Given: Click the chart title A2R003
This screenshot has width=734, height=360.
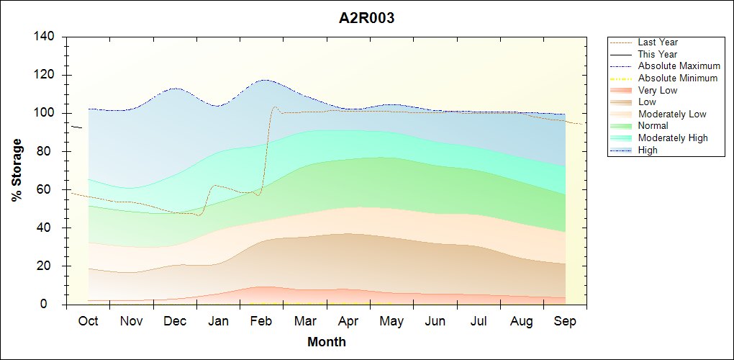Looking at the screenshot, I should pos(366,19).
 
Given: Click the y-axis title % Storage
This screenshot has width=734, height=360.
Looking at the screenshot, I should pos(17,174).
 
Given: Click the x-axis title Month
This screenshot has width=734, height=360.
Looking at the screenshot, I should pos(327,342).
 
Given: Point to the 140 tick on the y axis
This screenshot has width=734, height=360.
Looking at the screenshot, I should pos(48,37).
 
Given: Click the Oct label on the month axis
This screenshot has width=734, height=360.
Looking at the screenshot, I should pos(88,321).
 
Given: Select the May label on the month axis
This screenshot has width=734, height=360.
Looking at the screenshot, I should pos(392,321).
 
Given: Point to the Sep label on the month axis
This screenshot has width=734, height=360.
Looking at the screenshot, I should pos(565,321).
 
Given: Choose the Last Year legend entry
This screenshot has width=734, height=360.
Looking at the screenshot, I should pos(657,42).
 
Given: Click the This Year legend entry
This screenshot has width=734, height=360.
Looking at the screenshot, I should pos(657,54).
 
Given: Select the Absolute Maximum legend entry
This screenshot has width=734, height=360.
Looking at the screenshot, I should pos(679,66).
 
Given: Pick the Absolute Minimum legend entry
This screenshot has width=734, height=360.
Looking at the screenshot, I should pos(677,78).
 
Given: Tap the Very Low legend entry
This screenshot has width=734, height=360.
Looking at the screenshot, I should pos(657,90).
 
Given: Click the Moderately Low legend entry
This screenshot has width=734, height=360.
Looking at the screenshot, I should pos(672,114).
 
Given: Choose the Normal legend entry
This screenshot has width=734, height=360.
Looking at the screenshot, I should pos(653,126).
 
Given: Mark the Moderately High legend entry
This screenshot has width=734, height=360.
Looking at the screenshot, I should pos(673,138).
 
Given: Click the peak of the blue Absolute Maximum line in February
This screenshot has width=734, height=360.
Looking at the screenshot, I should pos(265,80).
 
